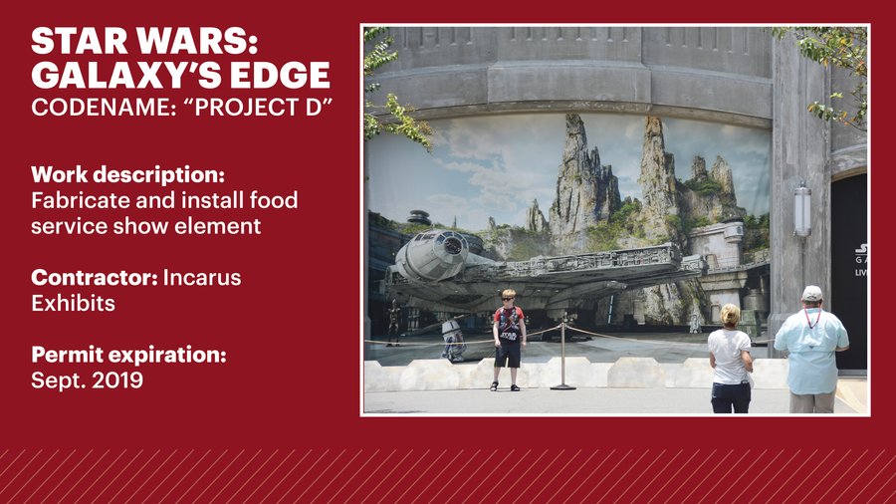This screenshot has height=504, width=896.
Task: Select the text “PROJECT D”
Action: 264,107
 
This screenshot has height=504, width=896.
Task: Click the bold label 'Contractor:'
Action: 94,277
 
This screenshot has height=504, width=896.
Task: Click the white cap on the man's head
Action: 812,293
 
